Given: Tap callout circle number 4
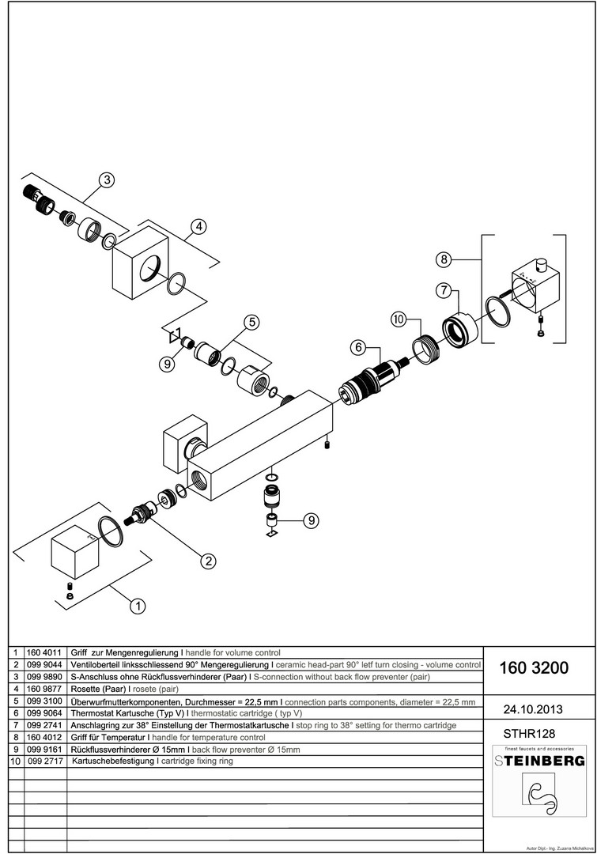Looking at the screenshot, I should point(198,227).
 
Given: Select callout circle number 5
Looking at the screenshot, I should point(251,322).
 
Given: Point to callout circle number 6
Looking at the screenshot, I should point(358,347).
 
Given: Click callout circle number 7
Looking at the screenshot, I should point(444,290).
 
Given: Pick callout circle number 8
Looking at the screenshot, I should point(444,259).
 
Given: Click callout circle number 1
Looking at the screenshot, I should point(138,607).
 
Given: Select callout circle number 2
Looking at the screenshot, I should point(208,561).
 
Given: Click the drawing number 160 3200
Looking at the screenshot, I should point(534,668).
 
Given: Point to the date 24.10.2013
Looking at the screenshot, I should point(534,708).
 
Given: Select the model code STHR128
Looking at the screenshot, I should point(527,733).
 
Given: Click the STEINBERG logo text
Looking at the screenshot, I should point(540,761).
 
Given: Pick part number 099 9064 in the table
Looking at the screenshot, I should point(46,712).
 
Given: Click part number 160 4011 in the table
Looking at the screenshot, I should point(46,653).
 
